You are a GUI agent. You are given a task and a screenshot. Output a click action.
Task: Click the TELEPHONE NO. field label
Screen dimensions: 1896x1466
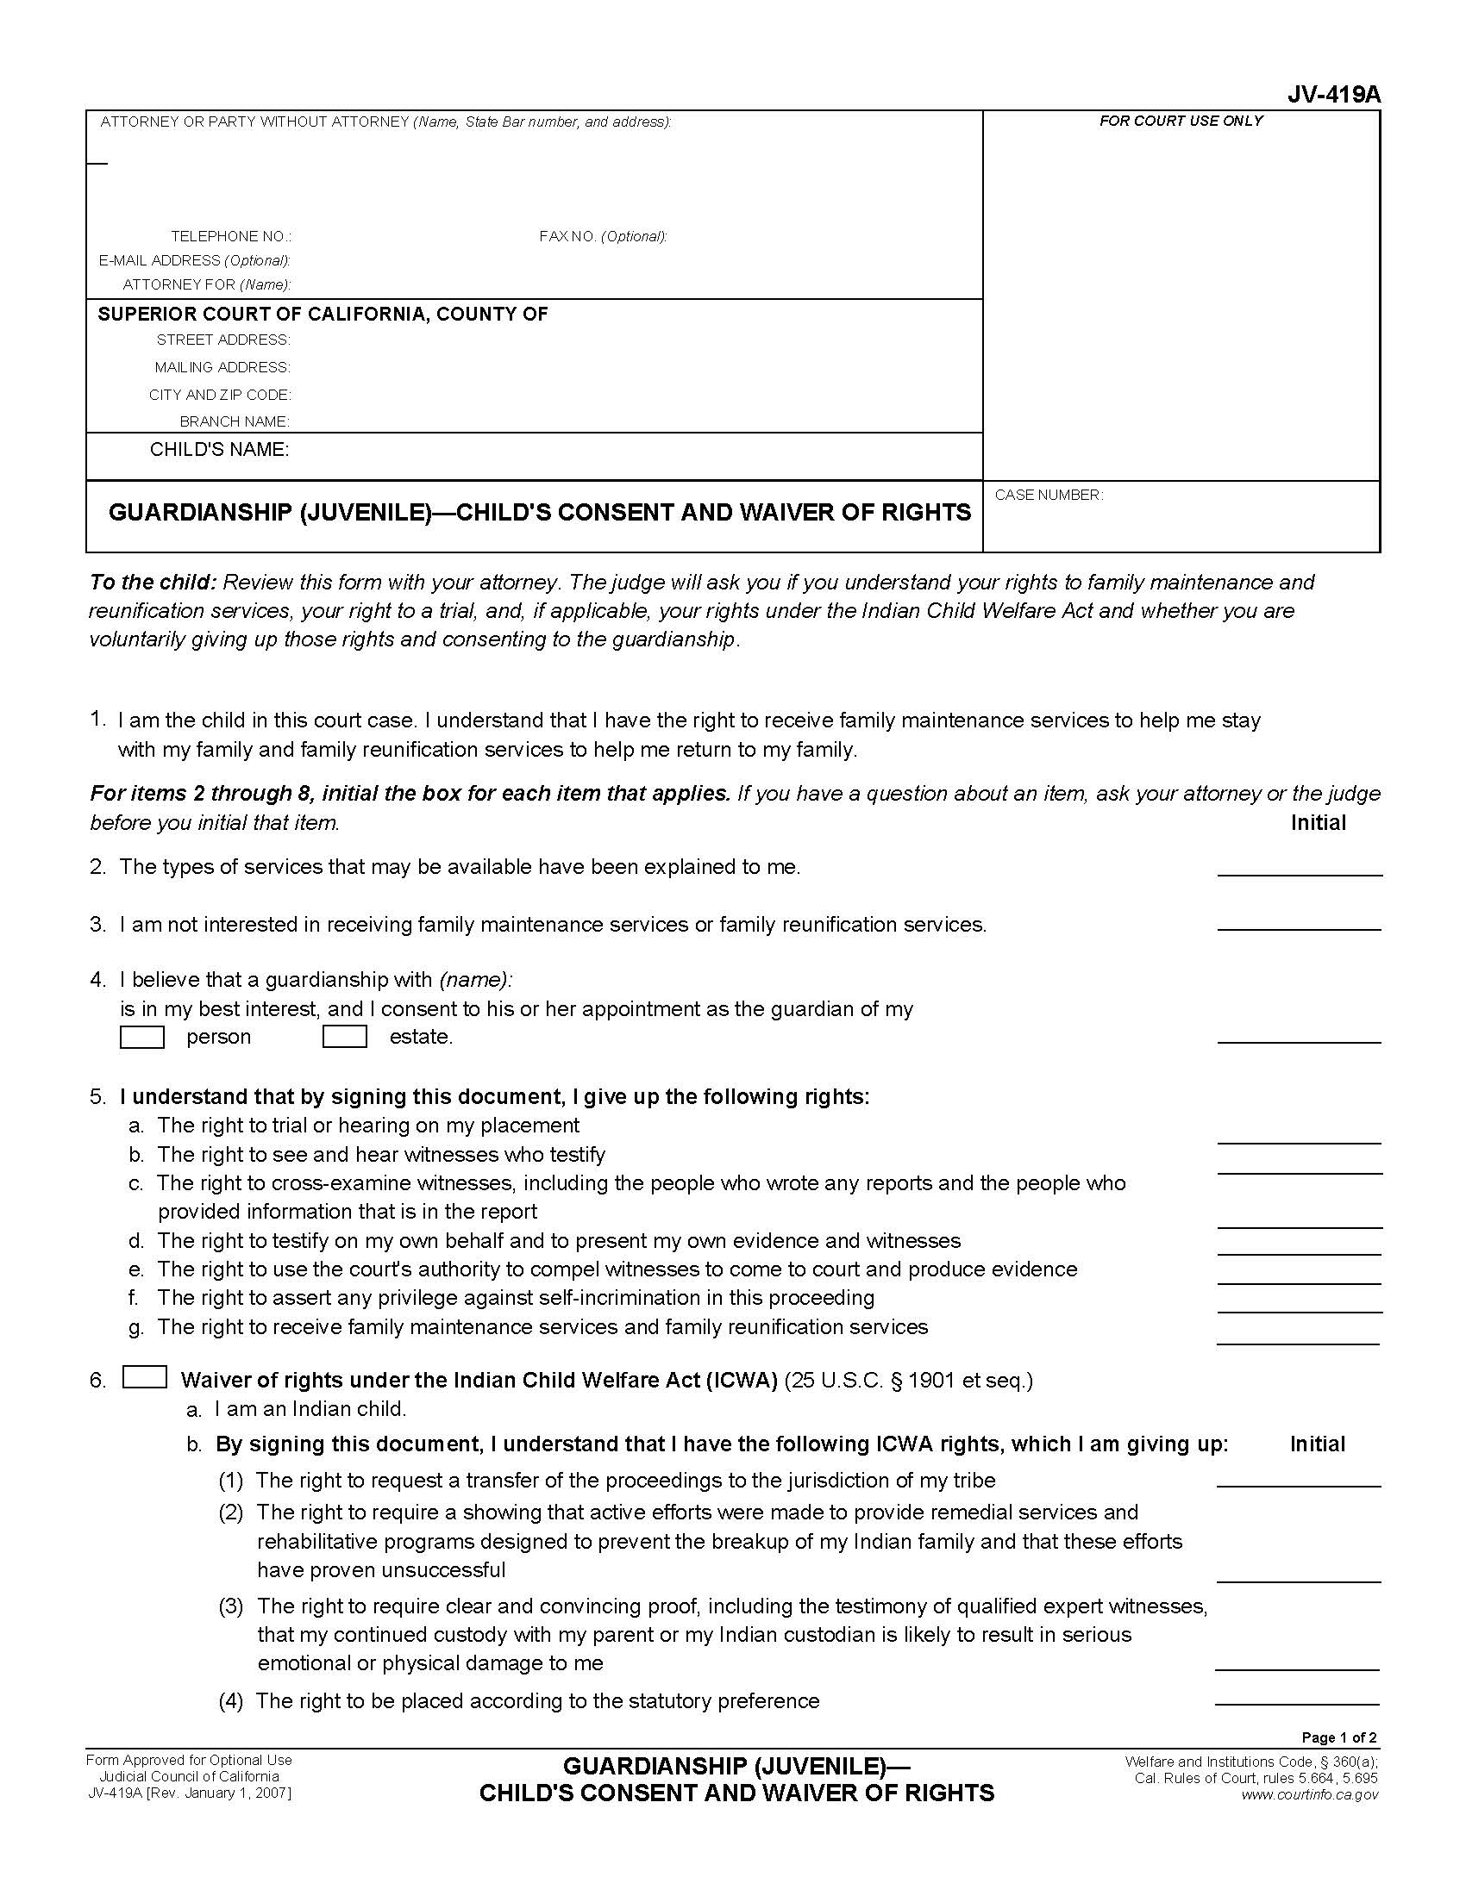[x=231, y=236]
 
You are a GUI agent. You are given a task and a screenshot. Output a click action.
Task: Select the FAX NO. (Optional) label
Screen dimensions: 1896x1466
[x=603, y=236]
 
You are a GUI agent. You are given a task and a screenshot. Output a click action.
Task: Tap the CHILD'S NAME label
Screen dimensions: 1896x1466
[x=219, y=449]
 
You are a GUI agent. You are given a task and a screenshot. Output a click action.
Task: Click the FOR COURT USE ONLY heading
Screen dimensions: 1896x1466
[x=1181, y=121]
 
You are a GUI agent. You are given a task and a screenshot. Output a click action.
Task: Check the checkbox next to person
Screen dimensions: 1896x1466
[x=141, y=1037]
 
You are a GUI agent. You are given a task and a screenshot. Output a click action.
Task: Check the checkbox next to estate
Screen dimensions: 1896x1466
[x=344, y=1037]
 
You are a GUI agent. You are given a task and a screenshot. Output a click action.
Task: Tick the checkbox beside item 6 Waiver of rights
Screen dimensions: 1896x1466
[x=144, y=1378]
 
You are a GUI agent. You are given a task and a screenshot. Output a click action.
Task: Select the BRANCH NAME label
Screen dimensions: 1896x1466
[x=235, y=422]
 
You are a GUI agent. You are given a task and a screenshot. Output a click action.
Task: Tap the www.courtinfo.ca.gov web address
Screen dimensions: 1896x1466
[x=1309, y=1794]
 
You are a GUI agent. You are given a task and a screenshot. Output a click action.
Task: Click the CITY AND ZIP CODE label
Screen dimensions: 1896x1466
[x=220, y=395]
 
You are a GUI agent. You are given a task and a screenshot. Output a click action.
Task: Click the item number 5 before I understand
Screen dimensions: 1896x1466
[x=97, y=1096]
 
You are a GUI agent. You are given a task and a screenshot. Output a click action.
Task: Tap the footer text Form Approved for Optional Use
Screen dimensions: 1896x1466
[x=189, y=1760]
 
